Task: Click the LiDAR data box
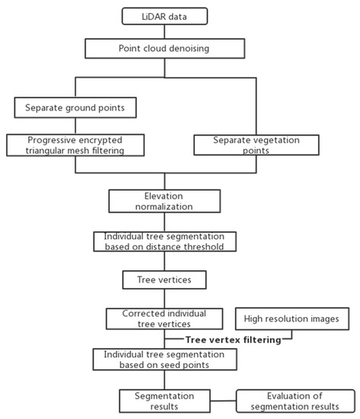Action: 165,15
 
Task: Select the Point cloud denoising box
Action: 165,49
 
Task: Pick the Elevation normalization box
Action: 165,200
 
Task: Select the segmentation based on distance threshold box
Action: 165,241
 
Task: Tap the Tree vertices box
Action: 165,280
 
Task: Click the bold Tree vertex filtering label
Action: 233,340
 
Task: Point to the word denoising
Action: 193,49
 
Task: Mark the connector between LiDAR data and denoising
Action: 165,31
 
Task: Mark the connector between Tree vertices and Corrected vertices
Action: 165,299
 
